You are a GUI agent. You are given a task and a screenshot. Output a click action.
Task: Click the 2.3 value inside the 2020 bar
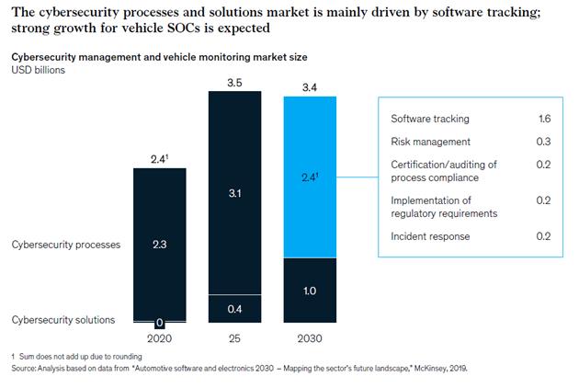(160, 245)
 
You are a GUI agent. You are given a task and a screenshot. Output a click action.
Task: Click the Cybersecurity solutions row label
(63, 319)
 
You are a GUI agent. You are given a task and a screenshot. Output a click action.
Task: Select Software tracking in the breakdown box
(430, 119)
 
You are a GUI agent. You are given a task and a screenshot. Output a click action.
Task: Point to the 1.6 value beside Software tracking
(543, 119)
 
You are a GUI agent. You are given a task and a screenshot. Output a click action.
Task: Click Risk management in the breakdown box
(431, 142)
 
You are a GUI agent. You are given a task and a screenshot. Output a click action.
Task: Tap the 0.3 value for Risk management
(543, 142)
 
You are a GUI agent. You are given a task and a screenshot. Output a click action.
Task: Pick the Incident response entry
(430, 236)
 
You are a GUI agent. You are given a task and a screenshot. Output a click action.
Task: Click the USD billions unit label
(38, 70)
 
